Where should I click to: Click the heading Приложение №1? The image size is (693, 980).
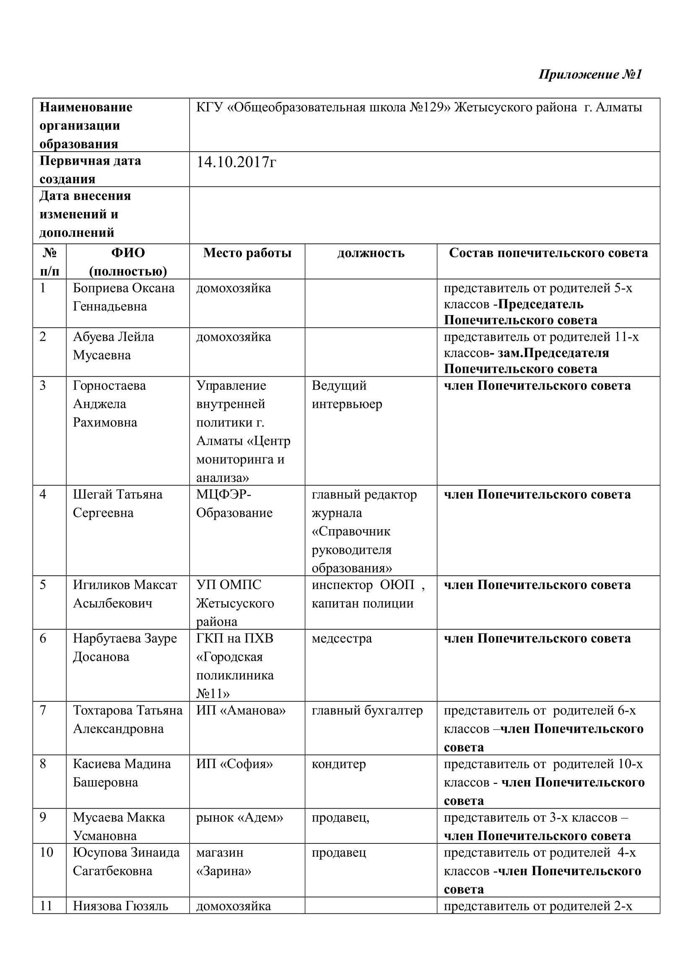tap(590, 74)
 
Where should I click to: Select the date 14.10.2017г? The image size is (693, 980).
tap(236, 163)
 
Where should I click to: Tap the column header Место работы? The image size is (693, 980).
tap(247, 253)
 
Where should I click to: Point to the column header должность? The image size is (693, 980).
tap(371, 253)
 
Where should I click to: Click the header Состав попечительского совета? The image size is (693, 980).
tap(548, 253)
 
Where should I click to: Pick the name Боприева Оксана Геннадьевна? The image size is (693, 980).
tap(123, 297)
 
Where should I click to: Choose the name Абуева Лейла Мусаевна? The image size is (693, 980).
tap(113, 346)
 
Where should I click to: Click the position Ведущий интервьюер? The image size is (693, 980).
tap(347, 394)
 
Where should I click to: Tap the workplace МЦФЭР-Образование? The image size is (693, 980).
tap(234, 503)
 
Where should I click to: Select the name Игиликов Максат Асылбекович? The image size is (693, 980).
tap(125, 594)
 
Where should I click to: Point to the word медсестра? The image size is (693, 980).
tap(342, 639)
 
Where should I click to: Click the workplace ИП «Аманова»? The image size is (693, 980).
tap(241, 711)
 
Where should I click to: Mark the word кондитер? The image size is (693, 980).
tap(339, 764)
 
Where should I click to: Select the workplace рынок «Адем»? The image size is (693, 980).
tap(239, 817)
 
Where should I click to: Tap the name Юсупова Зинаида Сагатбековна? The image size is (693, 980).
tap(126, 862)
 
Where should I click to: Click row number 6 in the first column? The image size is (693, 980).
tap(43, 639)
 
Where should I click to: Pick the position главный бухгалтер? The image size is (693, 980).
tap(367, 711)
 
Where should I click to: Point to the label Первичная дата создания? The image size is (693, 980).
tap(90, 169)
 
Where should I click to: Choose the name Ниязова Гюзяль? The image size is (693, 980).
tap(120, 906)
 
